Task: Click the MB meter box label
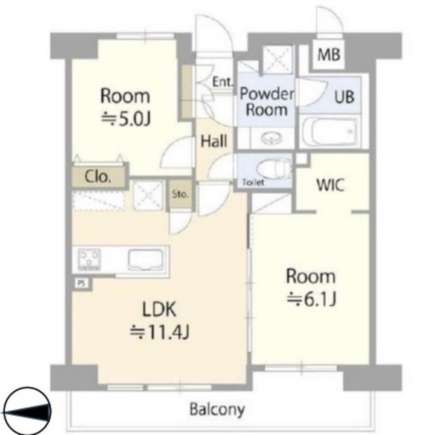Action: point(329,54)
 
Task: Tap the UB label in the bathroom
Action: point(345,97)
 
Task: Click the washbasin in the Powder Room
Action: point(271,138)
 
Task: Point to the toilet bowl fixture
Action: point(274,168)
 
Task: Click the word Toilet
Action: point(253,183)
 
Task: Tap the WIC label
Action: point(330,185)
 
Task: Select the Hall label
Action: point(214,141)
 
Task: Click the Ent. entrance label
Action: point(223,82)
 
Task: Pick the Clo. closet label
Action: point(98,177)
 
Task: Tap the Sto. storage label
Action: point(180,194)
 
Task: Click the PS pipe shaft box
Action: point(81,283)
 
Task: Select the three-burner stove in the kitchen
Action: point(89,259)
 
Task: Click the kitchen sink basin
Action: point(145,260)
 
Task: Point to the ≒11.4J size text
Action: point(159,332)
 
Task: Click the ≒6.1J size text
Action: point(311,299)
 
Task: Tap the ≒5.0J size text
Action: point(125,119)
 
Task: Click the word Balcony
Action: point(217,409)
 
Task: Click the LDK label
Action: point(159,309)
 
